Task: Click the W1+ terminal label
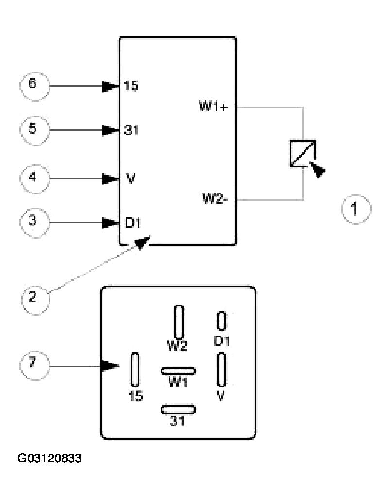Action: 214,106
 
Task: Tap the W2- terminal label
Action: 215,199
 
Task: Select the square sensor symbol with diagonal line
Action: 303,153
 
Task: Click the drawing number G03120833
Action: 50,458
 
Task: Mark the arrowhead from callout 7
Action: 110,366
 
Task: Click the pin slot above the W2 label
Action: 179,322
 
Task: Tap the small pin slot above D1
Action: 222,321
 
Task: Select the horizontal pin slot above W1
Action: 178,371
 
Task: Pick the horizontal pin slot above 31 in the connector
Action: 178,409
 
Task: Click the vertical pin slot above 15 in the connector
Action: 135,370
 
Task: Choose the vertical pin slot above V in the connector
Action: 221,370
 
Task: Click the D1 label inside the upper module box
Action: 133,223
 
